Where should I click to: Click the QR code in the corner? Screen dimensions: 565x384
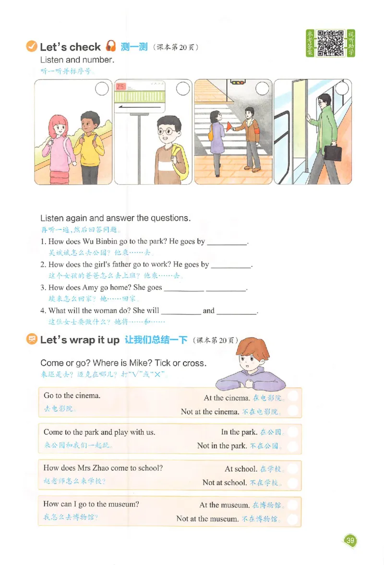pos(330,43)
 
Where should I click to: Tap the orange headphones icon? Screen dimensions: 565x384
pos(111,47)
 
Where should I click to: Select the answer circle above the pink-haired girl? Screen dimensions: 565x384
pos(102,88)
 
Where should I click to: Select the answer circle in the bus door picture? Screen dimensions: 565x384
pos(342,88)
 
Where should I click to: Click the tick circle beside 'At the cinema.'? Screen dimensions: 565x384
pos(293,398)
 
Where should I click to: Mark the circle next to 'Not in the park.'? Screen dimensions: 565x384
pos(293,445)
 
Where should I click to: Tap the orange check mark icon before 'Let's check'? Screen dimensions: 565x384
pos(31,47)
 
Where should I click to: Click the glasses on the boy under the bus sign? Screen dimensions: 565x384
pos(166,130)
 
